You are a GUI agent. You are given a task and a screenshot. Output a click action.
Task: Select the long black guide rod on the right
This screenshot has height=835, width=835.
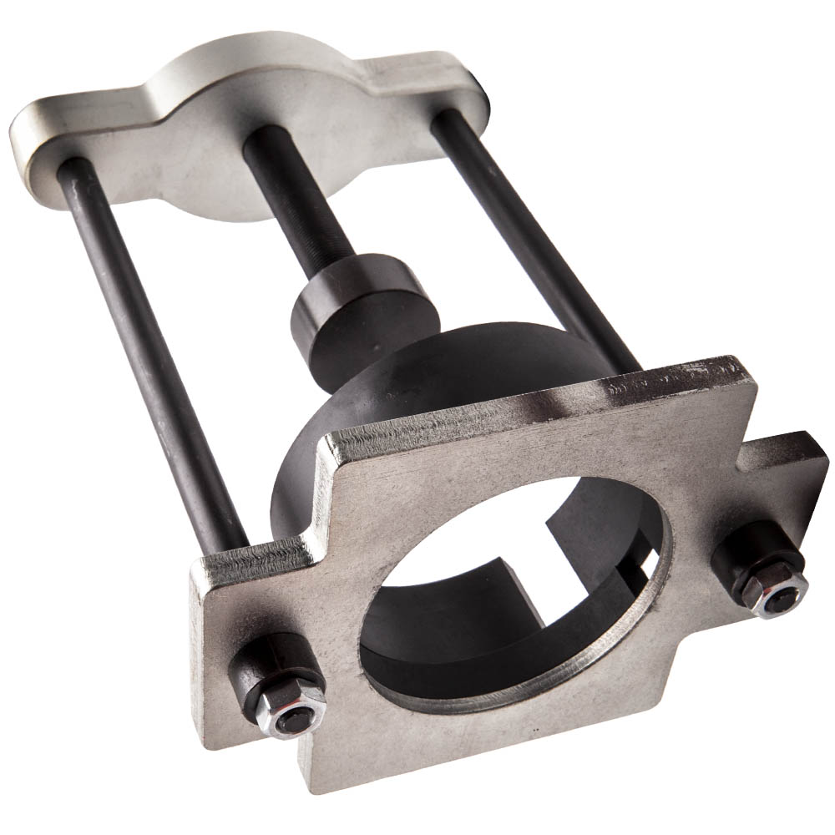[x=534, y=234]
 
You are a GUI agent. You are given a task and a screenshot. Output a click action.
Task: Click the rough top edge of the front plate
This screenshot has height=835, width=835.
[x=534, y=401]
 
